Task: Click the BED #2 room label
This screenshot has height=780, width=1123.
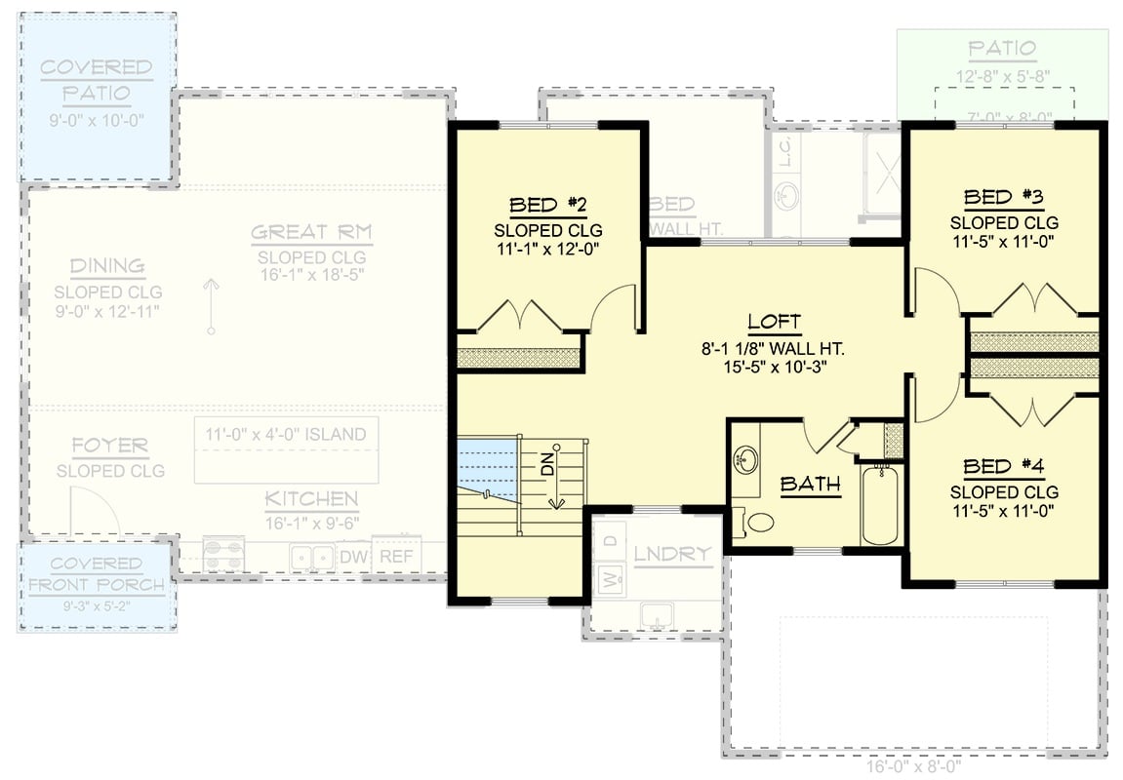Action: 547,205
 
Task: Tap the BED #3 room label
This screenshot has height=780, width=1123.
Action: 1004,198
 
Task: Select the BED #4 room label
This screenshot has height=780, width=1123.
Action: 1004,466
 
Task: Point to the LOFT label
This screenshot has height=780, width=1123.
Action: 774,322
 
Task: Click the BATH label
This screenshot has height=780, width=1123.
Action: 810,484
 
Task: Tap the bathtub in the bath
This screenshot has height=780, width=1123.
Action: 881,506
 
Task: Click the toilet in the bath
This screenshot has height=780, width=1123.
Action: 755,523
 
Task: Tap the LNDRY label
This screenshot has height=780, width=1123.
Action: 672,555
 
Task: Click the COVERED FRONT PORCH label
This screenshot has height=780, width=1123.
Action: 96,574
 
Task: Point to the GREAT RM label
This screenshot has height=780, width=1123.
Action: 310,233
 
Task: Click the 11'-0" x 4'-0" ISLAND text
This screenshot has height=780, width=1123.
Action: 285,435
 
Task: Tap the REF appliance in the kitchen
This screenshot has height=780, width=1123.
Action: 396,557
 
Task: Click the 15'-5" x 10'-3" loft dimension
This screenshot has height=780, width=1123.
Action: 774,368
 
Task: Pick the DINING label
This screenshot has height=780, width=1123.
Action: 107,266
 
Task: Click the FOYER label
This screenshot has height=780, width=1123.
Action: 110,447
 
